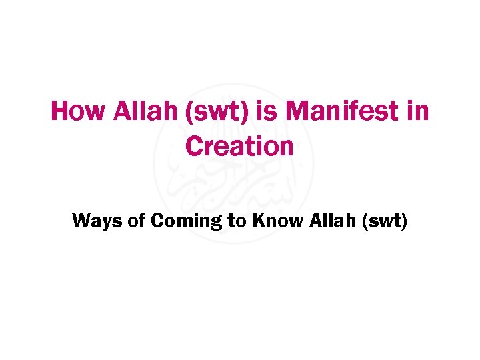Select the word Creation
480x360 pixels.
[239, 146]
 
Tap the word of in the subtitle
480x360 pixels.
[136, 220]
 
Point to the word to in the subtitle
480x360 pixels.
[237, 221]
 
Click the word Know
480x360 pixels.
[277, 220]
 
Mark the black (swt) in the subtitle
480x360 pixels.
[383, 221]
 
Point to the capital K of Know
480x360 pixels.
[259, 220]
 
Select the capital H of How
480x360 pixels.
[59, 111]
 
